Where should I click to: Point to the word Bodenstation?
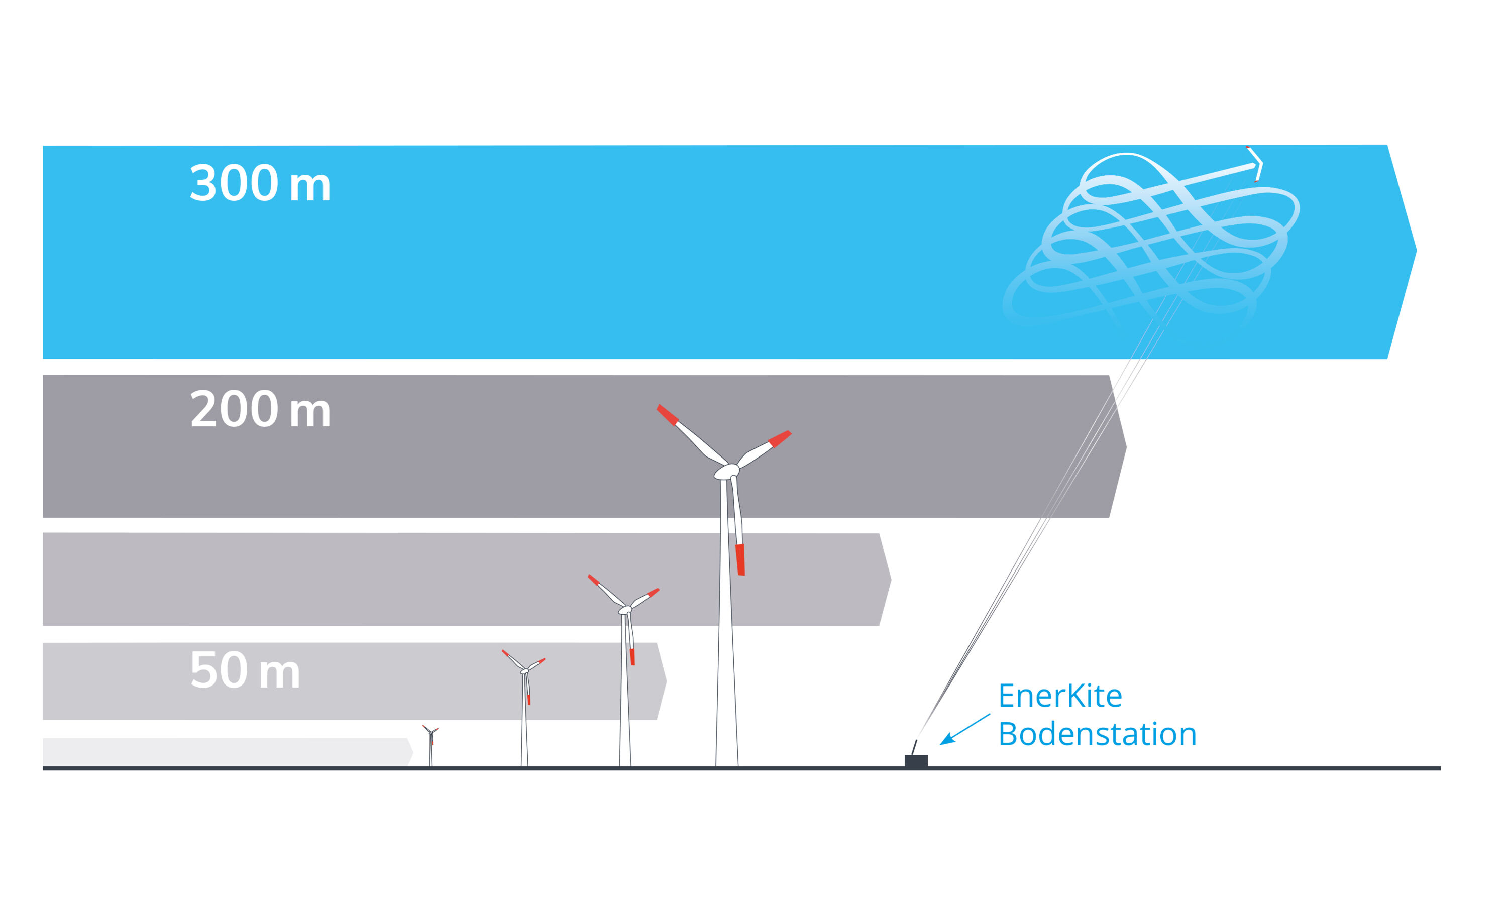coord(1097,734)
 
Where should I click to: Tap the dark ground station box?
coord(916,761)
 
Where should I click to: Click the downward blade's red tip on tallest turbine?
coord(740,559)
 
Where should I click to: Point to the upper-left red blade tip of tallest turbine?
coord(667,414)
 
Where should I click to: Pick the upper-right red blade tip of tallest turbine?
coord(780,438)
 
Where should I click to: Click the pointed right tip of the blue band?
coord(1415,251)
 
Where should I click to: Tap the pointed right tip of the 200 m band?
coord(1125,447)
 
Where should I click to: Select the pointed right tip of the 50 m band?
coord(666,680)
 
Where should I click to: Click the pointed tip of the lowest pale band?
coord(412,752)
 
